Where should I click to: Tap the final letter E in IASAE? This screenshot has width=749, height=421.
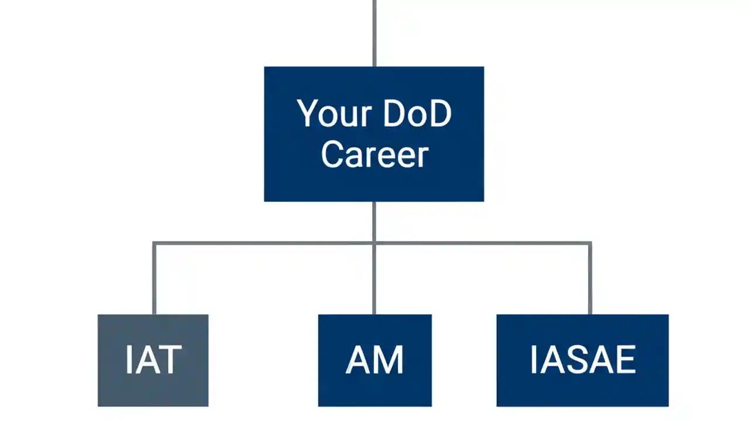coord(625,360)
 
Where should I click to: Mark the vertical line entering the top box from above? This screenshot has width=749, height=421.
coord(374,33)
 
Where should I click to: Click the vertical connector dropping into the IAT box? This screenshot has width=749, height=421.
coord(154,279)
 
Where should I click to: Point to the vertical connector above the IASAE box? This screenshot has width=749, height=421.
coord(590,279)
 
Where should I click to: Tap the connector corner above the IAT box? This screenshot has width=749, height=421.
coord(154,243)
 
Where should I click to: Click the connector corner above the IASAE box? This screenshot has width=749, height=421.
coord(590,243)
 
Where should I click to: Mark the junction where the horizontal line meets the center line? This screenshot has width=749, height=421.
coord(374,243)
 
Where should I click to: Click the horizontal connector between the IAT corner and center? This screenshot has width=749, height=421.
coord(263,243)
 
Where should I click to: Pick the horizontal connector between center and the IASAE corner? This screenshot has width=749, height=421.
coord(482,243)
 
